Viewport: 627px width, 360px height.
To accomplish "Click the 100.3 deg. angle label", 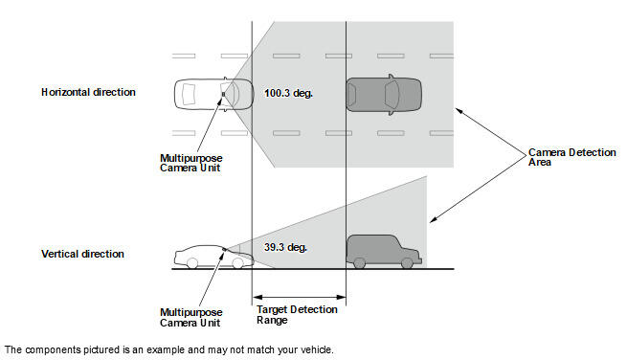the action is [x=288, y=94].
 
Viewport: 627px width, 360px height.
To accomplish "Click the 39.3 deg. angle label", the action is [x=285, y=248].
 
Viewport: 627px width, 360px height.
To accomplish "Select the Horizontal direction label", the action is [x=88, y=93].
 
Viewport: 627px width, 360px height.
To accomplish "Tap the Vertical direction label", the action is [x=82, y=254].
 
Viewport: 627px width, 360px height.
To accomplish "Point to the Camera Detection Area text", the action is [x=571, y=157].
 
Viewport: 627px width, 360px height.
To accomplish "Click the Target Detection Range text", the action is [x=297, y=315].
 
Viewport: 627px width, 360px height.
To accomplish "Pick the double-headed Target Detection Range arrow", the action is [x=299, y=297].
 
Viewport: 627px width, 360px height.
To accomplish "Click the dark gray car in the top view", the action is [x=384, y=95].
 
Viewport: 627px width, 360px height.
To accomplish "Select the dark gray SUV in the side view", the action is [x=384, y=251].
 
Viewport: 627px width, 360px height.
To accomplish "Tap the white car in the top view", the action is [x=213, y=95].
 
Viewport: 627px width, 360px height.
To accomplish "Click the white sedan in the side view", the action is [x=213, y=257].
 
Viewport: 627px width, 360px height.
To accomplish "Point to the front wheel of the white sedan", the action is [x=237, y=263].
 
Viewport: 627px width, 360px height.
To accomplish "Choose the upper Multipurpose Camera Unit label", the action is [x=191, y=163].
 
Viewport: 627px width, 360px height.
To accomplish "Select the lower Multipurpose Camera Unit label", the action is [x=191, y=318].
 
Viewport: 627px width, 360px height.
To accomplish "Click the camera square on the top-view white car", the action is [x=224, y=95].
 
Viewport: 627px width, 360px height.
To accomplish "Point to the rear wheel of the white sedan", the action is [x=192, y=263].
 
